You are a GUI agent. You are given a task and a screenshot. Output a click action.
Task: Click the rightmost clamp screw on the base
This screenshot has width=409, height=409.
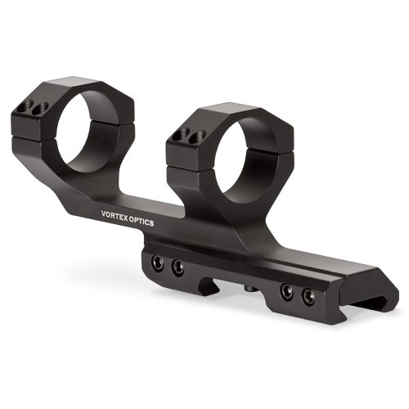pyautogui.click(x=307, y=294)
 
